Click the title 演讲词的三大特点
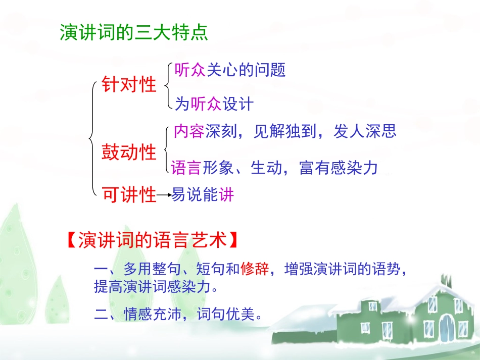pos(134,33)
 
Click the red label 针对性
pos(129,84)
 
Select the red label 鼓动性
pos(129,151)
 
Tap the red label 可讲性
pos(129,194)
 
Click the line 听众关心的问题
pos(230,70)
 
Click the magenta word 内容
pos(188,131)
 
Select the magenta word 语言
pos(186,168)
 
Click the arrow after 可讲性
pos(164,195)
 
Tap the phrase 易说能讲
pos(203,195)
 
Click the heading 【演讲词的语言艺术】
pos(152,240)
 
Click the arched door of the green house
pos(447,328)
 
